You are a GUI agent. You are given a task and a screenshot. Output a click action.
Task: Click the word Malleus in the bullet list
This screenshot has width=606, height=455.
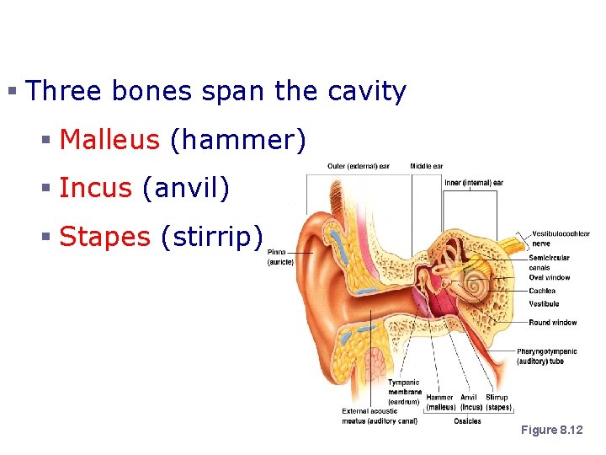tap(109, 139)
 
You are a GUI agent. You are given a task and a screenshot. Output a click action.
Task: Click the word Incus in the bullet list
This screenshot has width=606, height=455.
tap(95, 188)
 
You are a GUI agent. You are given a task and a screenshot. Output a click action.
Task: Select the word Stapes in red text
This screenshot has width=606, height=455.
tap(104, 237)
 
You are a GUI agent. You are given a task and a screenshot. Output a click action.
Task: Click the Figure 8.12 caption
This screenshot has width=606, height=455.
tap(551, 431)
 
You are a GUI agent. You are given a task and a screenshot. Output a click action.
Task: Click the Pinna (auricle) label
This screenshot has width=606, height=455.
tap(280, 257)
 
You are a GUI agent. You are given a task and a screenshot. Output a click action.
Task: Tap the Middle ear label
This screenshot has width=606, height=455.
tap(427, 166)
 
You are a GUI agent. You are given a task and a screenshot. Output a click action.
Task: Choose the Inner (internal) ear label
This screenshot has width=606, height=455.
tap(474, 182)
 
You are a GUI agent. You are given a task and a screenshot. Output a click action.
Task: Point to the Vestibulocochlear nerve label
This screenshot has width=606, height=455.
tap(560, 238)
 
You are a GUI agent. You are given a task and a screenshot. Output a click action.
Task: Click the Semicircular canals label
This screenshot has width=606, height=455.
tap(549, 263)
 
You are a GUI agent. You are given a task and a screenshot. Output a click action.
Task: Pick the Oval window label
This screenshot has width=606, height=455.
tap(549, 277)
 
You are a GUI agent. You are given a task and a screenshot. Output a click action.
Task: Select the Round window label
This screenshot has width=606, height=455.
tap(552, 323)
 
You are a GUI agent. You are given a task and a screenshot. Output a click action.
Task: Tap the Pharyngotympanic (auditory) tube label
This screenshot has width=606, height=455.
tap(553, 356)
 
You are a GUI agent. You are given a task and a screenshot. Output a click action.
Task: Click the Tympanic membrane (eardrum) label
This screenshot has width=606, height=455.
tap(404, 392)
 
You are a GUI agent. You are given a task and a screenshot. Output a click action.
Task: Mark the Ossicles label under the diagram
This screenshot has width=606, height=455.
tap(467, 420)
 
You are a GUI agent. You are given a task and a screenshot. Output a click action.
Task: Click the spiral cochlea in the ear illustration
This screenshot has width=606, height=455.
tap(476, 285)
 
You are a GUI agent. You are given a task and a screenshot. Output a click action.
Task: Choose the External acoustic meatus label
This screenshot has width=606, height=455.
tap(380, 415)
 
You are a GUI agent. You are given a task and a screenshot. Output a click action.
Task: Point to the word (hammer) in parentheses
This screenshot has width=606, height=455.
tap(237, 139)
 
